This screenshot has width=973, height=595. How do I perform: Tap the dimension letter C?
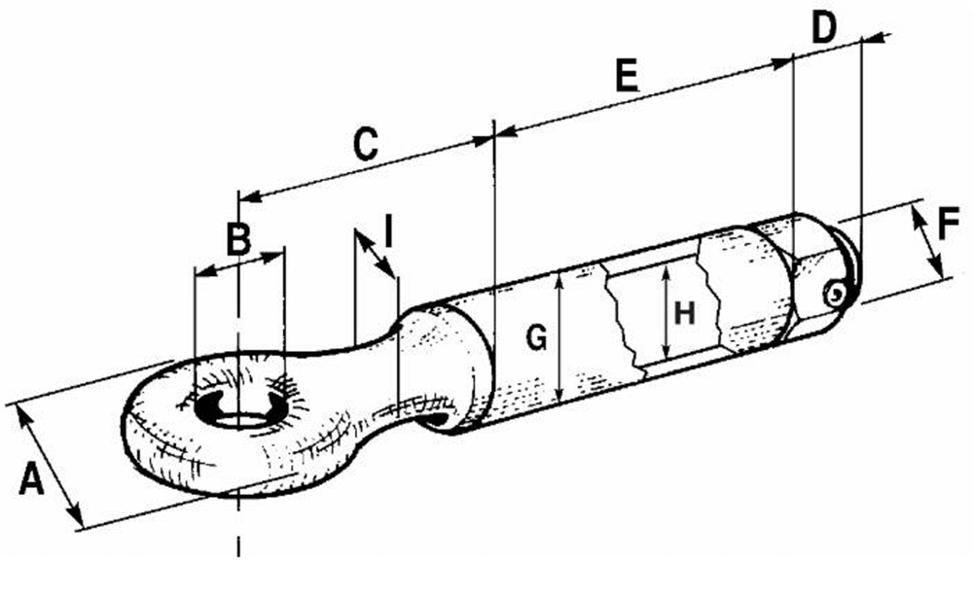pyautogui.click(x=366, y=144)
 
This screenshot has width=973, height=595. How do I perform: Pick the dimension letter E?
pyautogui.click(x=627, y=76)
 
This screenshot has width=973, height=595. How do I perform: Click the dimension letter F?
pyautogui.click(x=948, y=224)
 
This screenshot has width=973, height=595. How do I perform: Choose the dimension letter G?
pyautogui.click(x=536, y=338)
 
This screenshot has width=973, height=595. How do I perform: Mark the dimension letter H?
pyautogui.click(x=684, y=313)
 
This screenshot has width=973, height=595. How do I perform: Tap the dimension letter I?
pyautogui.click(x=388, y=231)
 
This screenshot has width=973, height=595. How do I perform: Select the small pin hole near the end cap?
pyautogui.click(x=836, y=294)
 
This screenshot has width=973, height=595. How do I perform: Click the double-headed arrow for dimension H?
pyautogui.click(x=666, y=311)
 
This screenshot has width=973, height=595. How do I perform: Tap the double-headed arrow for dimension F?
pyautogui.click(x=926, y=243)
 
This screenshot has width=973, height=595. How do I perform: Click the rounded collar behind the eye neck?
pyautogui.click(x=444, y=367)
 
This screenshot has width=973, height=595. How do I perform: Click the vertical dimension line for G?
pyautogui.click(x=559, y=336)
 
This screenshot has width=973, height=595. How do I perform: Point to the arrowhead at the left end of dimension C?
pyautogui.click(x=249, y=197)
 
